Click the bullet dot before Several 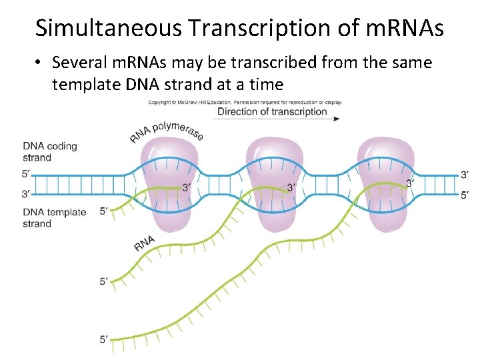click(40, 63)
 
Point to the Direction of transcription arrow click(277, 119)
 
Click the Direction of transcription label click(272, 111)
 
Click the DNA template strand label click(54, 218)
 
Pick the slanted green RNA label click(145, 243)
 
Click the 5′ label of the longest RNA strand click(104, 339)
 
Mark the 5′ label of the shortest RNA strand click(104, 211)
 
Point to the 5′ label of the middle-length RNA click(104, 282)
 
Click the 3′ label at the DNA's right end click(465, 175)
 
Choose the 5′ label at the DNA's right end click(465, 195)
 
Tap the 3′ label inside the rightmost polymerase click(410, 183)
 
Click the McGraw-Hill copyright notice click(245, 103)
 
